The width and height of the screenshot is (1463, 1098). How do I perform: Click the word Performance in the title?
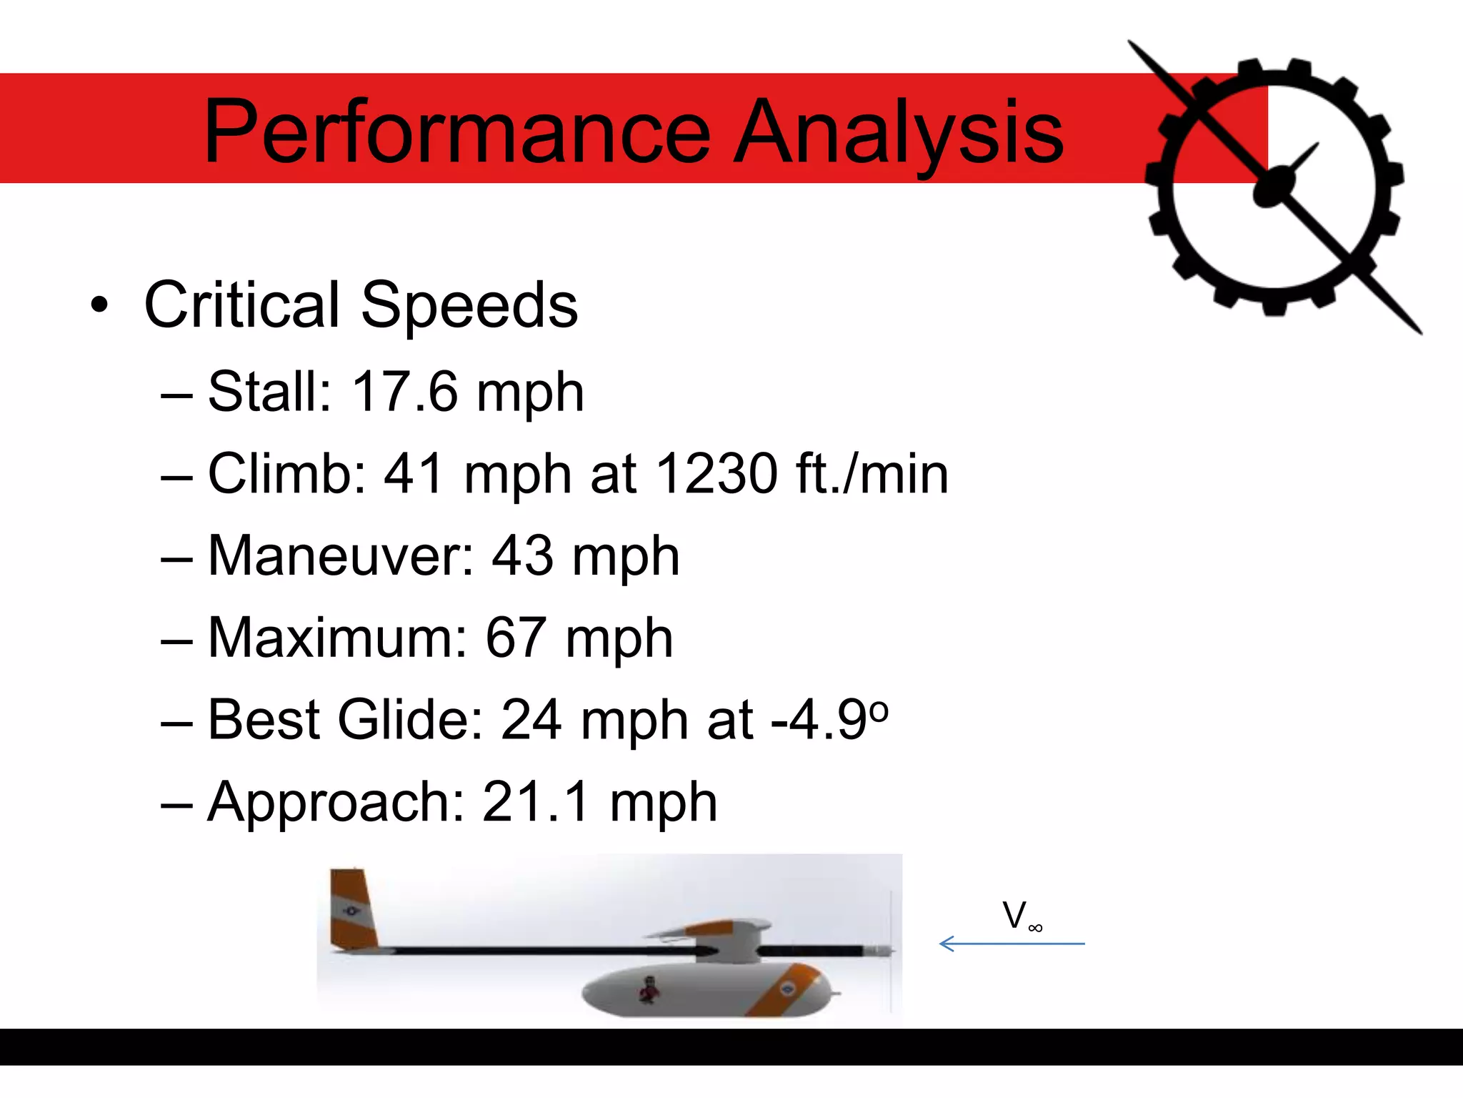457,132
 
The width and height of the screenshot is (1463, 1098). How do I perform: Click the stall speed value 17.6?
404,392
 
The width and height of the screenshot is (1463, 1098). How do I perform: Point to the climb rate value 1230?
716,473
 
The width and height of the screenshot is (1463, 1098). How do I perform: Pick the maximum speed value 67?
516,638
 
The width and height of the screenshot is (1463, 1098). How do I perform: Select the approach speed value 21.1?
536,802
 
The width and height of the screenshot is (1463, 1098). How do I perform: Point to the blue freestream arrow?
1012,944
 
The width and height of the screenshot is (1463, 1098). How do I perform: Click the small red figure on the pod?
649,989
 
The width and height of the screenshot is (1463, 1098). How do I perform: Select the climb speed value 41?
414,473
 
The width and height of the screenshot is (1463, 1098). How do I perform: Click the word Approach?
336,802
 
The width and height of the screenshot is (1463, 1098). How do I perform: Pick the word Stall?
269,392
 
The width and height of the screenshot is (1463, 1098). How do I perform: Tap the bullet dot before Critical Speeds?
100,307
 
